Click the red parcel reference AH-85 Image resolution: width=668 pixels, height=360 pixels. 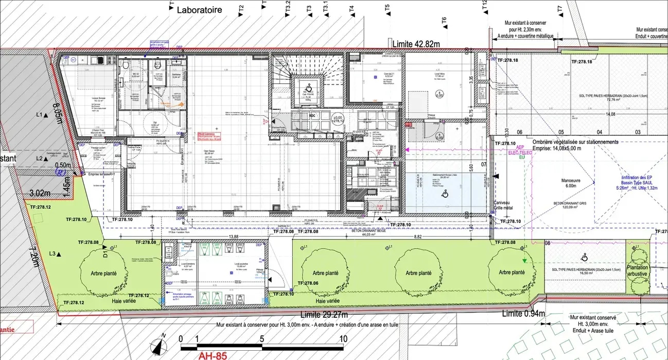coord(213,355)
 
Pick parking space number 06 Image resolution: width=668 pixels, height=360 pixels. coord(519,132)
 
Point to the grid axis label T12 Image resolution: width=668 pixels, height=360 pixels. coord(485,5)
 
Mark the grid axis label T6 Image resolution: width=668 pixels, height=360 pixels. coord(444,21)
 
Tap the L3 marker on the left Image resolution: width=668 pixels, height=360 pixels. coord(52,254)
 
